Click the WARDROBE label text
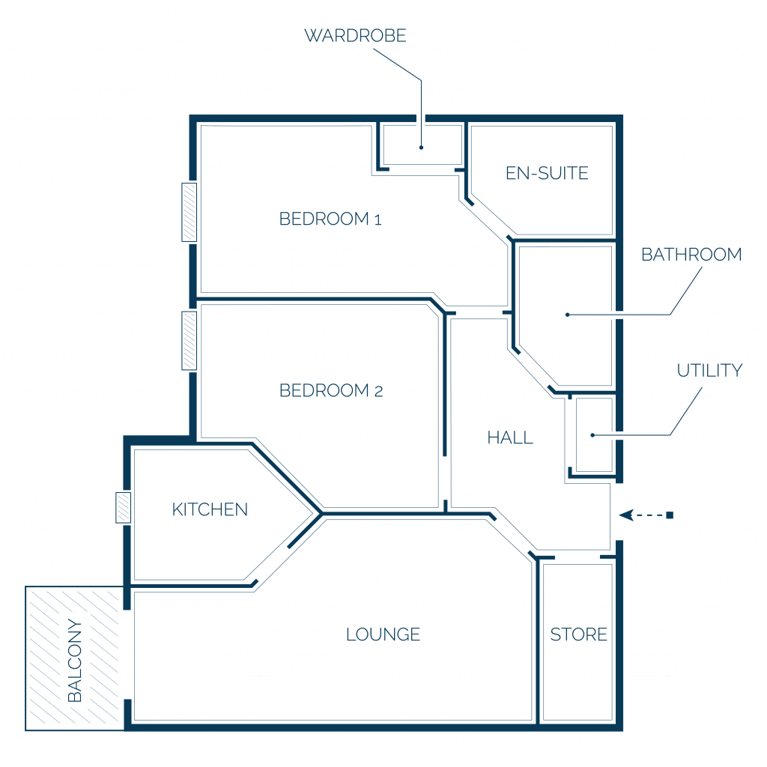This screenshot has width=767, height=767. coord(355,36)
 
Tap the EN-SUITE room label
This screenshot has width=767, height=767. coord(547,173)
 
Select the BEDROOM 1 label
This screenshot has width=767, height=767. coord(330,219)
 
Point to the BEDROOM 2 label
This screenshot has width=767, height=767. coord(331,390)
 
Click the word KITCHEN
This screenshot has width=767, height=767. coord(210,509)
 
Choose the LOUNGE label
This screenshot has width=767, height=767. coord(383,634)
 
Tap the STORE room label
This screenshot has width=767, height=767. coord(579,634)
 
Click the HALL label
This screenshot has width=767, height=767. coord(510,437)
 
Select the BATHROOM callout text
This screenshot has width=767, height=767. coord(691,255)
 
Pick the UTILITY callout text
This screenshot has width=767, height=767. coord(710,370)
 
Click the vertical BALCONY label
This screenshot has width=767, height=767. coord(75,661)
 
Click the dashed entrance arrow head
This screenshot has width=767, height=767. coord(626,515)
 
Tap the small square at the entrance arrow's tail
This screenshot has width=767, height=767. coord(670,515)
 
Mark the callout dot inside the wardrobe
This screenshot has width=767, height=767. coord(421,148)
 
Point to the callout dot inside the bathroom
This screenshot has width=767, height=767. coord(568,315)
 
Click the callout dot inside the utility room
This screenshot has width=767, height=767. coord(592,435)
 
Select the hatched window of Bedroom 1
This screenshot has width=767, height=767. coord(190,212)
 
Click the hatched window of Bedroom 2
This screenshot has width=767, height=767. coord(190,341)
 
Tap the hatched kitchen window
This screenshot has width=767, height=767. coord(124,508)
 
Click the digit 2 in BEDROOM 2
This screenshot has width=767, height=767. coord(378,391)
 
